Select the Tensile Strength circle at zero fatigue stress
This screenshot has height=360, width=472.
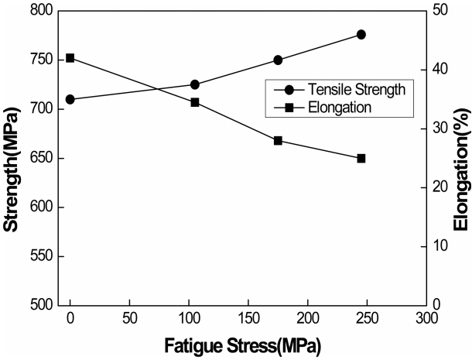pyautogui.click(x=70, y=99)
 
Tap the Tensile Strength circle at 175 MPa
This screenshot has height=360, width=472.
pyautogui.click(x=278, y=60)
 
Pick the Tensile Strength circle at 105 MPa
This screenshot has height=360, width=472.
pyautogui.click(x=195, y=84)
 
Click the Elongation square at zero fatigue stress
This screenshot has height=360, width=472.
pyautogui.click(x=70, y=58)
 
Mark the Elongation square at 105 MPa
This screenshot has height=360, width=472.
pyautogui.click(x=195, y=102)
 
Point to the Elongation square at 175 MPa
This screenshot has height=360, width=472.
pyautogui.click(x=278, y=140)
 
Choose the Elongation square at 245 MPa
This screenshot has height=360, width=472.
pyautogui.click(x=361, y=158)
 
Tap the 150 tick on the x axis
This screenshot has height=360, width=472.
pyautogui.click(x=248, y=318)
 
